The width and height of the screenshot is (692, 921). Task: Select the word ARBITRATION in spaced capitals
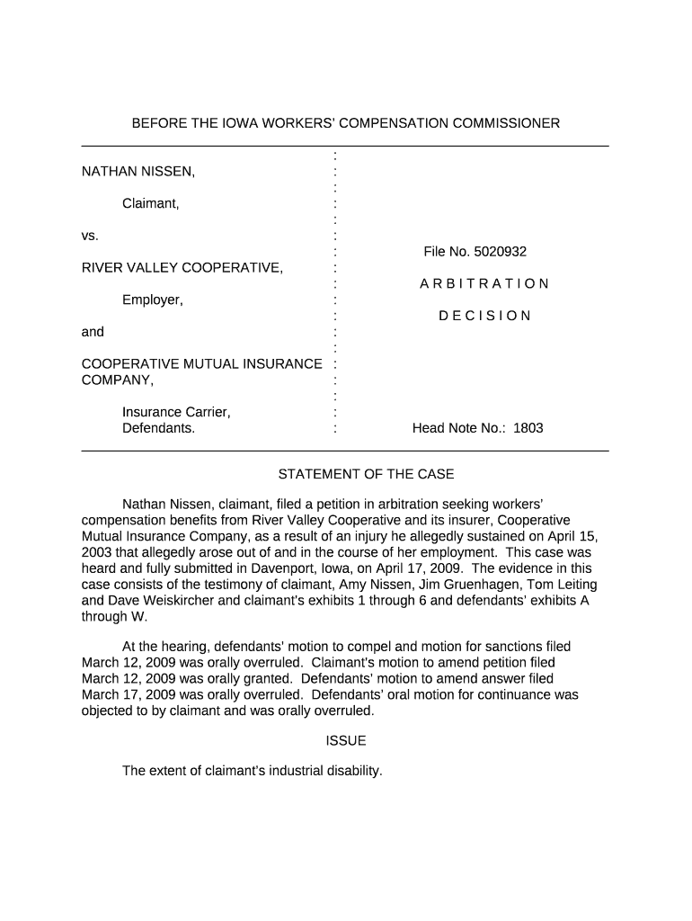484,284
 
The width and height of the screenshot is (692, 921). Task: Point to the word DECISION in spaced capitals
484,316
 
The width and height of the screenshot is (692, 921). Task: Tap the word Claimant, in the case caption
151,203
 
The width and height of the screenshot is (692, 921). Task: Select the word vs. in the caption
90,236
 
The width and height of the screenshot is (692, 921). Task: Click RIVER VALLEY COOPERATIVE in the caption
182,268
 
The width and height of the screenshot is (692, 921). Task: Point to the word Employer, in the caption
153,300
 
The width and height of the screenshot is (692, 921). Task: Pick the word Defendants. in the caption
158,428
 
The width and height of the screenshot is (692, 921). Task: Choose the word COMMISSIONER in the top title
491,122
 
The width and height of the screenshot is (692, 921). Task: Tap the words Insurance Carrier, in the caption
176,412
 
